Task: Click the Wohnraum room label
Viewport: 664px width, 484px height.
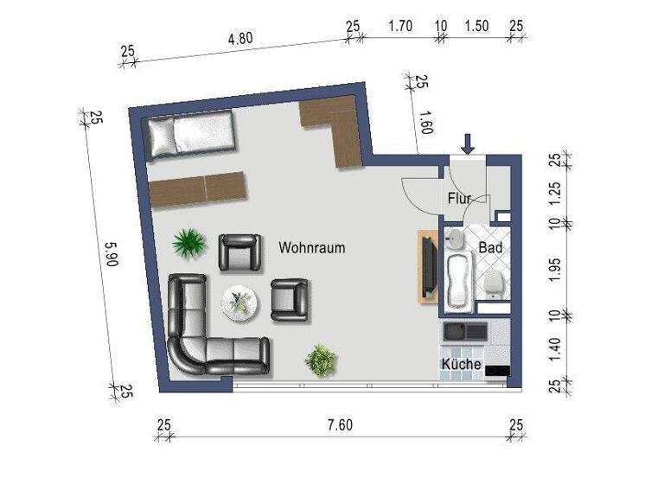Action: pos(311,248)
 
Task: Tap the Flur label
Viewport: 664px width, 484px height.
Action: pos(459,199)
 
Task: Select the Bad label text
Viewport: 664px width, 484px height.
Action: pos(490,246)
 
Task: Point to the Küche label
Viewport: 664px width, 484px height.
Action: pos(461,364)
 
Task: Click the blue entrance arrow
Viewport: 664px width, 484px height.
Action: pos(468,143)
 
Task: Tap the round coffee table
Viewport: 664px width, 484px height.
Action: pos(239,302)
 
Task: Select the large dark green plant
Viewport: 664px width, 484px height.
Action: pos(188,243)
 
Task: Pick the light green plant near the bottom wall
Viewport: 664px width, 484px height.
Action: pos(320,358)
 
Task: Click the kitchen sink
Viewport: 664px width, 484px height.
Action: pos(456,332)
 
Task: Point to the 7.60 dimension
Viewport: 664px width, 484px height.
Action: pos(340,425)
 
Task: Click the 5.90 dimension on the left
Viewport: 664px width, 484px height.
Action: pos(111,257)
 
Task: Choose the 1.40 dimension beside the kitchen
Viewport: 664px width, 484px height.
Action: pos(557,347)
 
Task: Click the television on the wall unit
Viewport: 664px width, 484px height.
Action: pos(427,267)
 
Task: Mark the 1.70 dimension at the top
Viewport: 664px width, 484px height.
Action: pos(399,27)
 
